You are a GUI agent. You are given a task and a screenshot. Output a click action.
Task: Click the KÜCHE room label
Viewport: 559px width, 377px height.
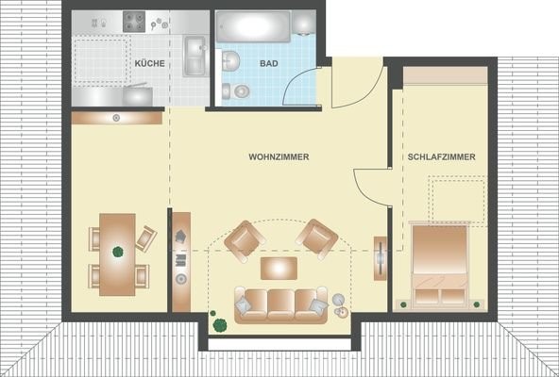[x=150, y=63]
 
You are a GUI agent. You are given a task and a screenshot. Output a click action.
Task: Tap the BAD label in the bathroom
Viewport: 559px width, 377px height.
[x=269, y=63]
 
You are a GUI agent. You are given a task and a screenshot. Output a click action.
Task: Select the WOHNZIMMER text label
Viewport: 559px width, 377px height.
[x=279, y=156]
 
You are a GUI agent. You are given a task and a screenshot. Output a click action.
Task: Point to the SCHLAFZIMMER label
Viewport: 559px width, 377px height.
[x=441, y=156]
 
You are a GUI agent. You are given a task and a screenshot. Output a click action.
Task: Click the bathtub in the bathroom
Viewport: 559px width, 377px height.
[x=253, y=26]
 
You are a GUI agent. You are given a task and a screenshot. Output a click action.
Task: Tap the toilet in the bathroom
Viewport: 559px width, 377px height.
[x=236, y=91]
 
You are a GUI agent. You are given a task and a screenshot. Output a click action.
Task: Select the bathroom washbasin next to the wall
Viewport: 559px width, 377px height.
[x=230, y=60]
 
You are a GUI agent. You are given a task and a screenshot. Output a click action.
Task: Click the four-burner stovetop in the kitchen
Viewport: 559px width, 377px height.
[x=134, y=22]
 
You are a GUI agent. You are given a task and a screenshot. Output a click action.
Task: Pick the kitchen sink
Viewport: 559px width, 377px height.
[x=195, y=57]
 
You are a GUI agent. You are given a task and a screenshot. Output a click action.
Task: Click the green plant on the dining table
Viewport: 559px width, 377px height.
[x=118, y=252]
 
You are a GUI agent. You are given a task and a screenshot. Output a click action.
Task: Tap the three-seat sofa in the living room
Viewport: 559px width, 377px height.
[x=281, y=304]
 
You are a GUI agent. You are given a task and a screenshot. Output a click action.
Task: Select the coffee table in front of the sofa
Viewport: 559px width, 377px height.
[x=279, y=268]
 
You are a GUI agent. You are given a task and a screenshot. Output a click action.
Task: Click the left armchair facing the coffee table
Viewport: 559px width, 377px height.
[x=245, y=241]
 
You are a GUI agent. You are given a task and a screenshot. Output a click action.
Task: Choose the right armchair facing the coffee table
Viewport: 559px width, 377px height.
[x=316, y=239]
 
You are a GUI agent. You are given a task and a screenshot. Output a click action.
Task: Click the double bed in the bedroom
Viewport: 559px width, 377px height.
[x=439, y=265]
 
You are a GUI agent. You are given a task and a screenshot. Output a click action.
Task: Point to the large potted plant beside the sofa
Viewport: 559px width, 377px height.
[x=220, y=324]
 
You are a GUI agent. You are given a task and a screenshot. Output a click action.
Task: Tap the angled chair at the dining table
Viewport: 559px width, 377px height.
[x=146, y=238]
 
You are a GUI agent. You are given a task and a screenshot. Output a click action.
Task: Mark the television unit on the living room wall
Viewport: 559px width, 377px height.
[x=381, y=258]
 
